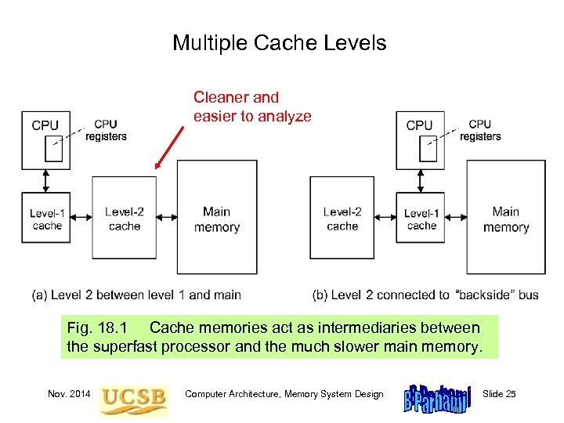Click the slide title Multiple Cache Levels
click(280, 42)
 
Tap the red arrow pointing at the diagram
click(170, 147)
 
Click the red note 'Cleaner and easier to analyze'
click(252, 107)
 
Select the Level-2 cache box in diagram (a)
click(125, 219)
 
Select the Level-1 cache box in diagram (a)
click(47, 219)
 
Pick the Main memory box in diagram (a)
click(217, 219)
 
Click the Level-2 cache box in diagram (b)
click(342, 219)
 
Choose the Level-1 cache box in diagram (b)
click(421, 219)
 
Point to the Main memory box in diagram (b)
click(506, 219)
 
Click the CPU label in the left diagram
click(45, 125)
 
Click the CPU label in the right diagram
click(419, 125)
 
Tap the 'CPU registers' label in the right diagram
click(480, 130)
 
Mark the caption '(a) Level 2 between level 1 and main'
click(136, 295)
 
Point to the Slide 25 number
click(500, 394)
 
